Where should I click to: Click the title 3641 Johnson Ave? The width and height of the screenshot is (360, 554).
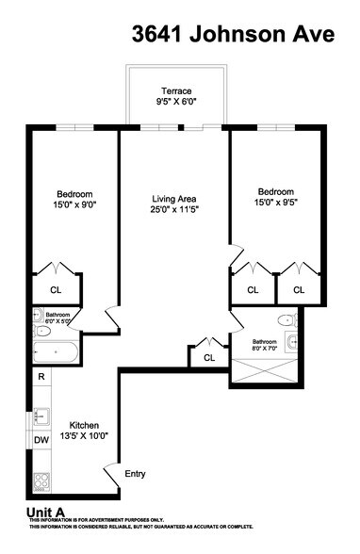tap(233, 35)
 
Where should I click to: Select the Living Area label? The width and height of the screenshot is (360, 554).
tap(173, 199)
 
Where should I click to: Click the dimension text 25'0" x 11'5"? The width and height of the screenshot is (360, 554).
tap(173, 211)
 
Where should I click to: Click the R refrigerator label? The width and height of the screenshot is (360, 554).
tap(41, 377)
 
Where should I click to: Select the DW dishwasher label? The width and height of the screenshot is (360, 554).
tap(41, 440)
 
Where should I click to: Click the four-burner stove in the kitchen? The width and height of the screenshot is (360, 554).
tap(41, 483)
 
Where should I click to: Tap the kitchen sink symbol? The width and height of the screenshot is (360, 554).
tap(41, 415)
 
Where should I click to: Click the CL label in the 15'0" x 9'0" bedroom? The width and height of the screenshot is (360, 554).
tap(54, 289)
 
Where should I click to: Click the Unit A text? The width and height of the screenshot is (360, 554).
tap(45, 513)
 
